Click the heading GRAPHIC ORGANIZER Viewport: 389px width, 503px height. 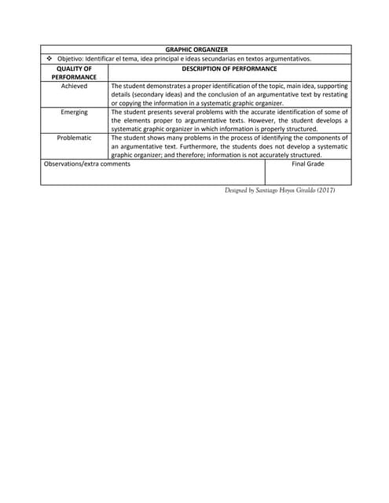click(196, 50)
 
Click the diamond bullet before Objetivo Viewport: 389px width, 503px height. click(48, 59)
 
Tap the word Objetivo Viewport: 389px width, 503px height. click(72, 59)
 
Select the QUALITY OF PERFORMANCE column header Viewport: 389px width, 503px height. click(75, 73)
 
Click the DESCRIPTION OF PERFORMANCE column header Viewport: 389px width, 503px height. click(229, 69)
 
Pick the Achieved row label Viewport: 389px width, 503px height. click(75, 86)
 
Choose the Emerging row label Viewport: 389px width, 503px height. click(75, 112)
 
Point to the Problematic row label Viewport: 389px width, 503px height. click(75, 138)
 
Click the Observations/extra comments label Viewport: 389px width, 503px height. click(87, 164)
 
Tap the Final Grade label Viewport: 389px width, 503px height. click(308, 164)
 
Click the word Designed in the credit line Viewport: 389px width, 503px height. click(237, 191)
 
